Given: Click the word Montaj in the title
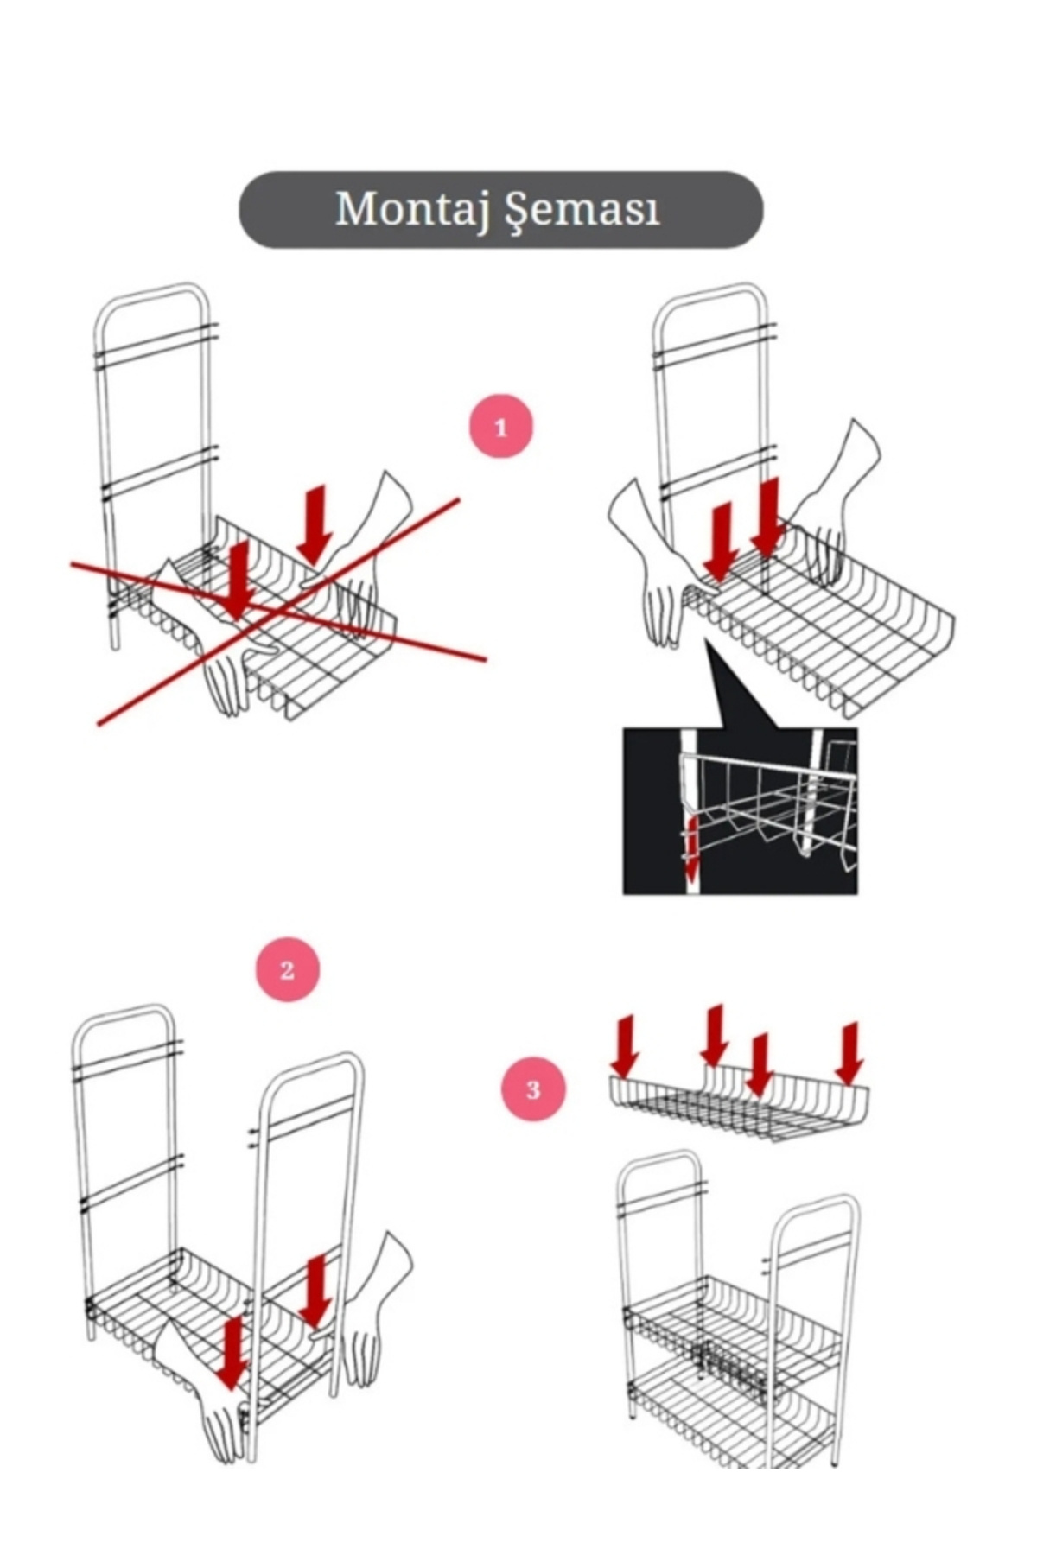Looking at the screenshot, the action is [406, 210].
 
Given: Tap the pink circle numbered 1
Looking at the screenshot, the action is [501, 427].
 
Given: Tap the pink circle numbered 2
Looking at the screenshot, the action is [288, 969].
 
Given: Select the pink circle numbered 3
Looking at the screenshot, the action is [533, 1088].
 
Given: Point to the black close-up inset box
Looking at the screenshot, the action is [741, 810].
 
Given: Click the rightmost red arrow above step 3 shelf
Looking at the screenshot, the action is [850, 1053].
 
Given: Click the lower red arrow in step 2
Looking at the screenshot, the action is [231, 1353].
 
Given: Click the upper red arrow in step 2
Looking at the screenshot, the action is [317, 1292].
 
